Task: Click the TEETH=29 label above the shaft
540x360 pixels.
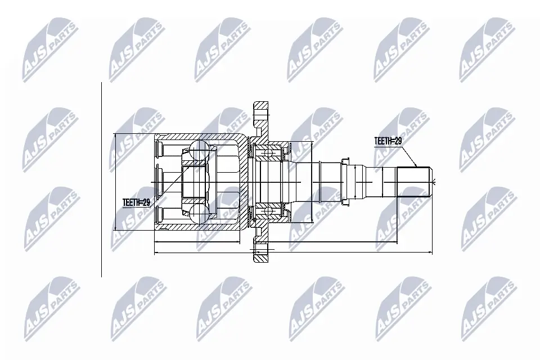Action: pos(388,141)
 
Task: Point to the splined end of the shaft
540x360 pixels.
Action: pos(414,182)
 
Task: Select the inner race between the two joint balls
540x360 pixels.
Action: pos(194,181)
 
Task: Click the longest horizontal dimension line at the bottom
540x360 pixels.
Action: pos(292,253)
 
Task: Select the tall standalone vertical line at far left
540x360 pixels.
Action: pos(101,180)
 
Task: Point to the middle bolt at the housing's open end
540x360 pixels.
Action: pos(160,181)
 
